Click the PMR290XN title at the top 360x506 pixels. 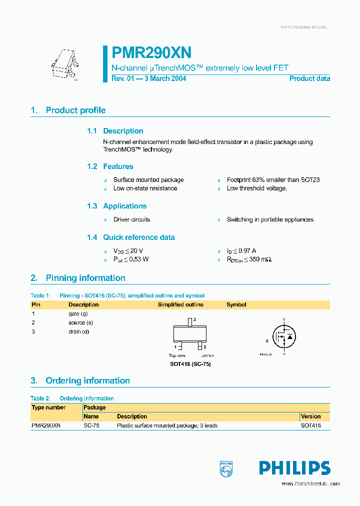pyautogui.click(x=151, y=53)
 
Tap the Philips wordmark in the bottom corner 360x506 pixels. pyautogui.click(x=294, y=468)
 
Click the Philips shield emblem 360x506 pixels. pyautogui.click(x=226, y=468)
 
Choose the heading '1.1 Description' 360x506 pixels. pyautogui.click(x=115, y=131)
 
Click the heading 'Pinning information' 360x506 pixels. pyautogui.click(x=85, y=278)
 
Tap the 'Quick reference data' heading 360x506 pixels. pyautogui.click(x=138, y=237)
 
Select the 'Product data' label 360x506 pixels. pyautogui.click(x=309, y=78)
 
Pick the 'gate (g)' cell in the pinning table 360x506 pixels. pyautogui.click(x=78, y=313)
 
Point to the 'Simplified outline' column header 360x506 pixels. pyautogui.click(x=180, y=304)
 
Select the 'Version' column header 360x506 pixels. pyautogui.click(x=310, y=416)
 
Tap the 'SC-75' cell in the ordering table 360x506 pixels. pyautogui.click(x=90, y=425)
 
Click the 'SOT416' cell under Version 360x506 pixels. pyautogui.click(x=310, y=425)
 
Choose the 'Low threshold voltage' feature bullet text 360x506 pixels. pyautogui.click(x=256, y=188)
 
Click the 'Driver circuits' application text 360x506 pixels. pyautogui.click(x=131, y=219)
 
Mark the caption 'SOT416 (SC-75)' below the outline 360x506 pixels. pyautogui.click(x=190, y=364)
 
